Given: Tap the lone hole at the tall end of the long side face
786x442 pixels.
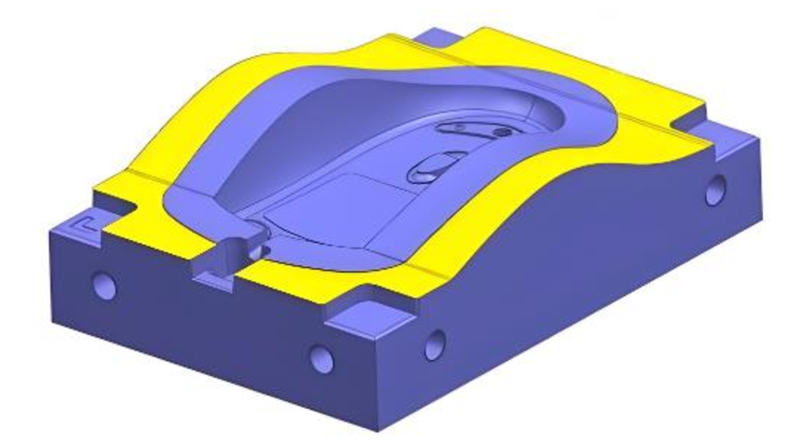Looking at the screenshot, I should (716, 190).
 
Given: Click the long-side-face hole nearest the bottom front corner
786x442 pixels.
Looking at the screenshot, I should (435, 345).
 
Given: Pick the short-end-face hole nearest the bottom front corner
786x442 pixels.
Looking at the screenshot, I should (321, 358).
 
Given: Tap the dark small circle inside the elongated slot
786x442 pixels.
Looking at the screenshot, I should (500, 132).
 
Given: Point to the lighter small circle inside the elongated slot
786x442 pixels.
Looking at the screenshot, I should (458, 127).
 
